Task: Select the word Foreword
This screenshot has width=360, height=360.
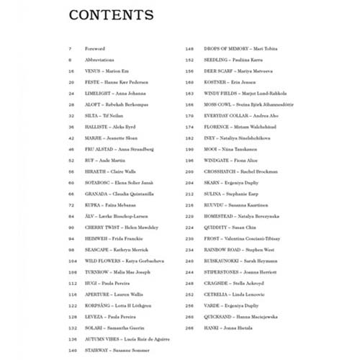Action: point(94,49)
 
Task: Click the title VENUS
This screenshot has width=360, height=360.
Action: point(93,71)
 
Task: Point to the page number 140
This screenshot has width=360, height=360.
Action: point(71,349)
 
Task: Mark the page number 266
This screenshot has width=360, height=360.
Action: point(190,327)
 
